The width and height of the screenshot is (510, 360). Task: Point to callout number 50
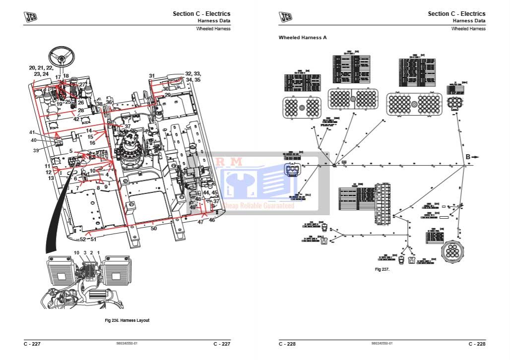[153, 228]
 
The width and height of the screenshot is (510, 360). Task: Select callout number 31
[152, 76]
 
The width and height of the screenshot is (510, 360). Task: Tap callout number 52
[82, 239]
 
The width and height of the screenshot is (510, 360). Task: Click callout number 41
[32, 132]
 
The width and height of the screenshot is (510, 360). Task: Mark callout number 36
[109, 103]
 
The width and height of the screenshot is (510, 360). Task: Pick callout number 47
[200, 222]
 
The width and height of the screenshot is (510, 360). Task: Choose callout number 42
[76, 119]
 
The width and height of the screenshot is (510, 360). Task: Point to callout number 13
[51, 178]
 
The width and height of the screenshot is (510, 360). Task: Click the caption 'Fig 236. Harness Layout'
[127, 320]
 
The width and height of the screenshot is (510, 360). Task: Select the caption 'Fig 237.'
[382, 269]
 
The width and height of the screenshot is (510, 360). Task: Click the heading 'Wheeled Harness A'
[303, 38]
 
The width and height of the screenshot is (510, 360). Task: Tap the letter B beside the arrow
[467, 157]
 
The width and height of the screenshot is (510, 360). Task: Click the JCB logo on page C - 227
[31, 17]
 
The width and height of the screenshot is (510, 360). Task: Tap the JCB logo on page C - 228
[285, 17]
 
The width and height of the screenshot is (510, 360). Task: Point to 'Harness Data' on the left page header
[214, 21]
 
